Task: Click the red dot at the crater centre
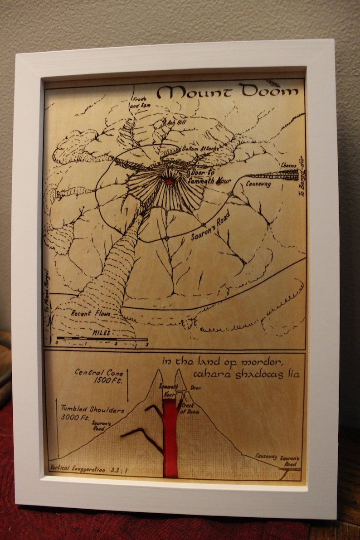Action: pos(169,181)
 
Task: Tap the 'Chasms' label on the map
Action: pos(288,165)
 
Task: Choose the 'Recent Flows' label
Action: pos(87,313)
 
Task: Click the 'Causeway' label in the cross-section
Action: pos(266,456)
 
